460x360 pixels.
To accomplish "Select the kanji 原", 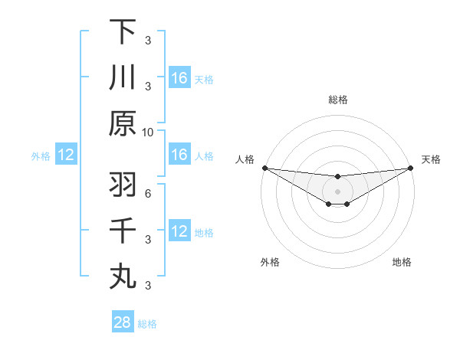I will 123,123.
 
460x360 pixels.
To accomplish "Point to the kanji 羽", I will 123,185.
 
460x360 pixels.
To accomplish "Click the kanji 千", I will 123,231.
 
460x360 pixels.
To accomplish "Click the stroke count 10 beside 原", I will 148,132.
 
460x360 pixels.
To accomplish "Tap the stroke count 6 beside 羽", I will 148,193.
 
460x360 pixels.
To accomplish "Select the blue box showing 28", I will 123,322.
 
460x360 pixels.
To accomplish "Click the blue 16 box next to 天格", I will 179,77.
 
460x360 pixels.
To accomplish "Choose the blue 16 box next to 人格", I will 179,155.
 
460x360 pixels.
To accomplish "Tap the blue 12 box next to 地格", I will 179,231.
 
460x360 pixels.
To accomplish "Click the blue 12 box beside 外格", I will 66,155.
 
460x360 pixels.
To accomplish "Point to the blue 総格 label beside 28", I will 148,324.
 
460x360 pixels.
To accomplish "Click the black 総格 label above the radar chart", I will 337,100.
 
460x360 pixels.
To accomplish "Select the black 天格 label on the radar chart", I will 431,159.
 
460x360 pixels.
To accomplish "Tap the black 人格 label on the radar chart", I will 245,159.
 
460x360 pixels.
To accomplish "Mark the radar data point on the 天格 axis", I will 410,168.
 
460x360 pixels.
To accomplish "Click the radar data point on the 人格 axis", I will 264,168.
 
